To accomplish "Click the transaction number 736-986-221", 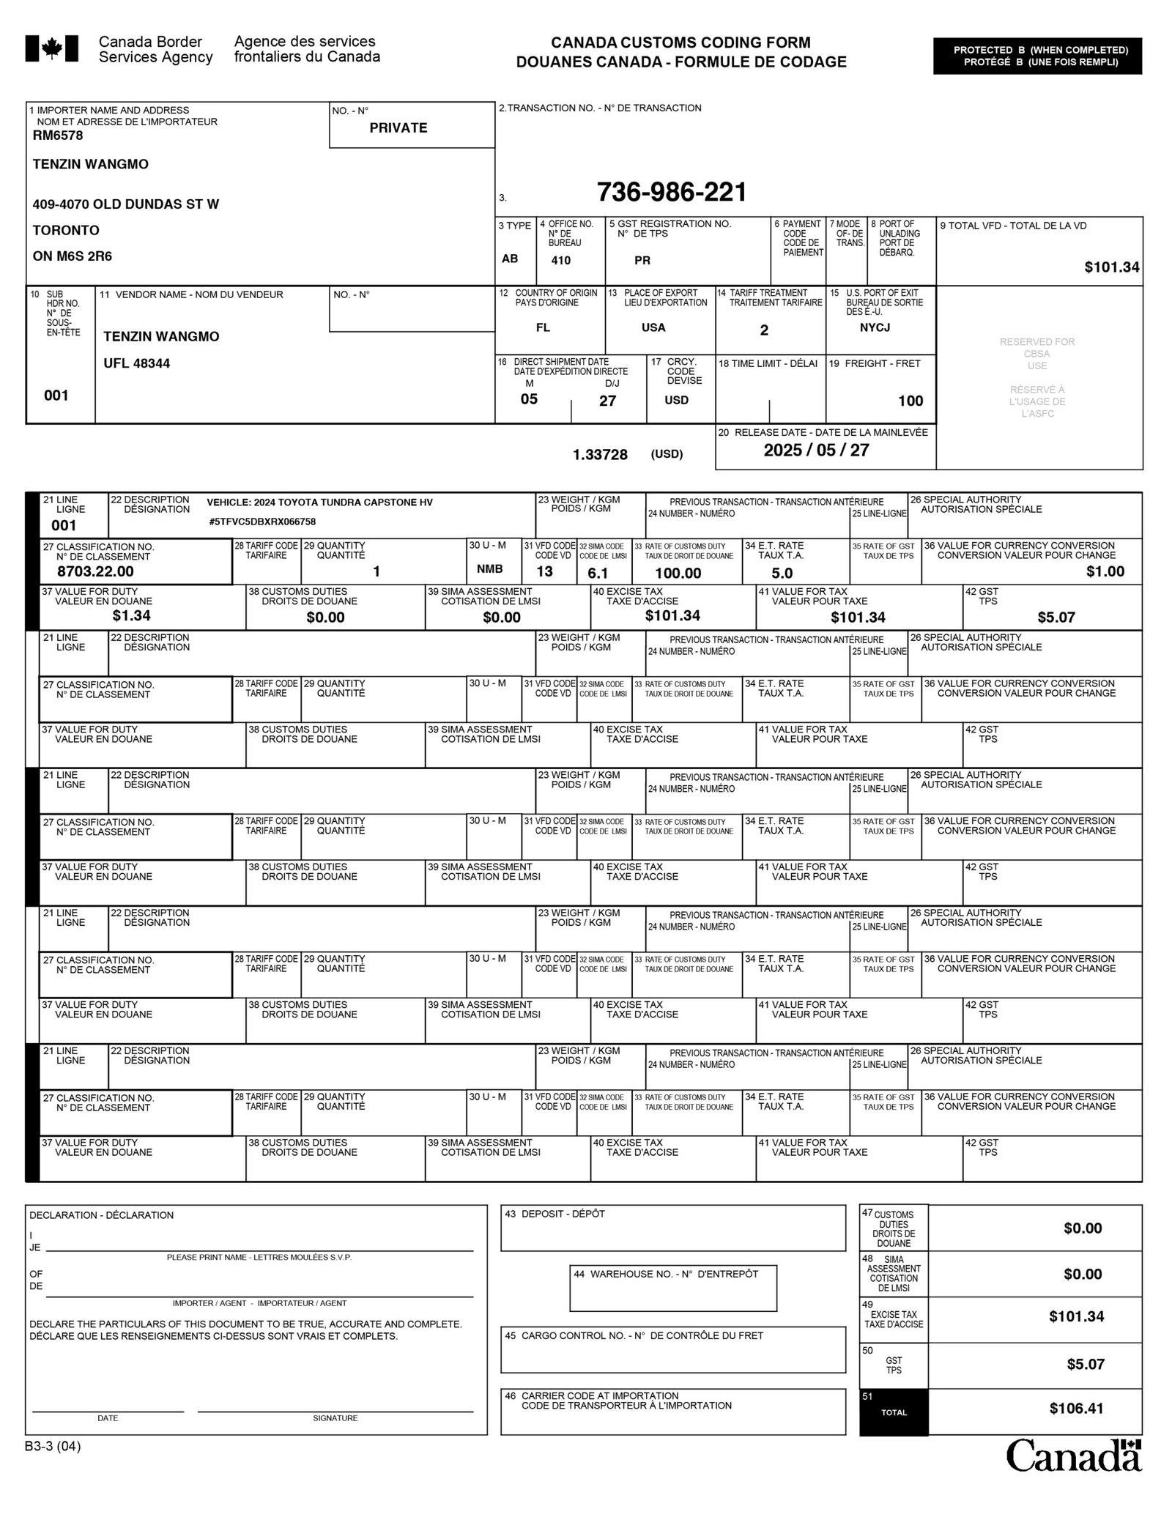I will coord(672,193).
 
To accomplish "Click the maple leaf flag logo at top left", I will coord(51,49).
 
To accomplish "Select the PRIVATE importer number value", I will coord(398,128).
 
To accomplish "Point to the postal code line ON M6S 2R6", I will coord(73,256).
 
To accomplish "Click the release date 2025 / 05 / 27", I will coord(816,450).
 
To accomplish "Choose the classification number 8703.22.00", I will coord(95,571).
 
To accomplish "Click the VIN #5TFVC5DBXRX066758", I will coord(262,522).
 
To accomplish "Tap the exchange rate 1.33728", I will coord(600,455).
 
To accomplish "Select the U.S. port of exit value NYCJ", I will coord(875,327).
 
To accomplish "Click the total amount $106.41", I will coord(1076,1408).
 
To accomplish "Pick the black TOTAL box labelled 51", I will coord(894,1412).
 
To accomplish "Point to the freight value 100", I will coord(910,401).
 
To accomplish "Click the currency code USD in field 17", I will coord(676,401).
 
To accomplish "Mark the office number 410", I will coord(561,260).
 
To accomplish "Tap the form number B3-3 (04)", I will coord(53,1447).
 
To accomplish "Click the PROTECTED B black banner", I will coord(1037,56).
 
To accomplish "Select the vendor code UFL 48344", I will coord(137,363).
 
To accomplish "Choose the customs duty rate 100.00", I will coord(678,573).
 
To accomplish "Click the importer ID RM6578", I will coord(58,136).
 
